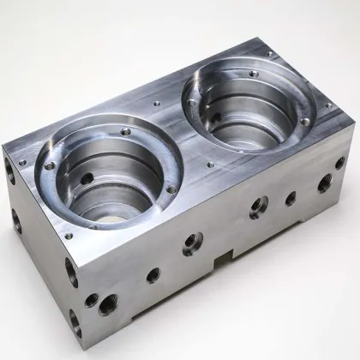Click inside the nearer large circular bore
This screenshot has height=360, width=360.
click(x=107, y=184)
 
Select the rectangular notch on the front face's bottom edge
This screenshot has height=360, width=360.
click(x=223, y=255)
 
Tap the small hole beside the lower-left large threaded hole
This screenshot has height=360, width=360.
click(x=91, y=299)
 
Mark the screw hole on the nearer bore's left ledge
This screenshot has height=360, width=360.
click(x=50, y=165)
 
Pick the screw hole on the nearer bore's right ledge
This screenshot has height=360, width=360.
click(x=171, y=189)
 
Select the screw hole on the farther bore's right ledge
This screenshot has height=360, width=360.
click(x=305, y=123)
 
